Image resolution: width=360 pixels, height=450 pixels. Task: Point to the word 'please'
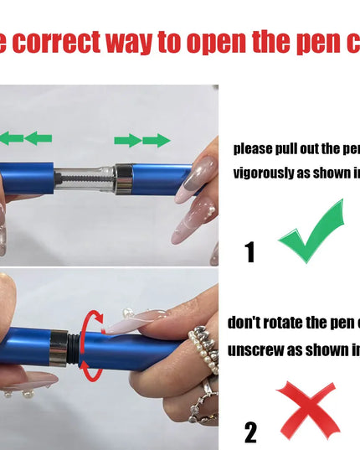[253, 149]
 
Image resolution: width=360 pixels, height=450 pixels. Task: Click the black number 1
[249, 251]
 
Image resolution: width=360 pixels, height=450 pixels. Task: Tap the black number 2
[250, 432]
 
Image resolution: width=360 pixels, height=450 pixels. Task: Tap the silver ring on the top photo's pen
[123, 178]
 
